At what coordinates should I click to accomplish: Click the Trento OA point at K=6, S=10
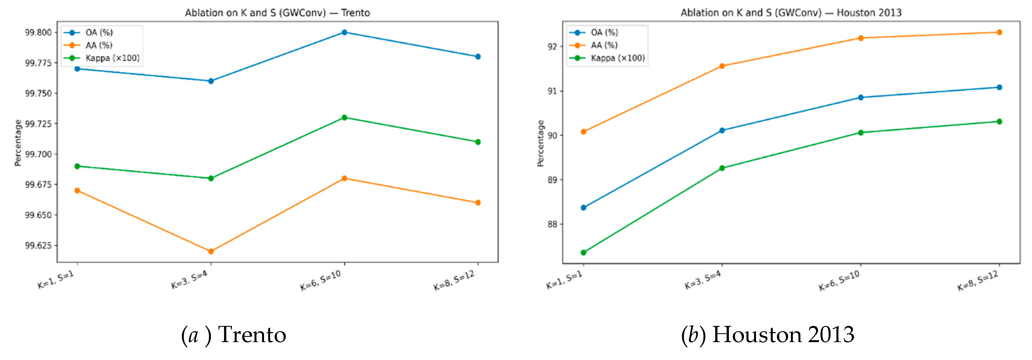pos(344,32)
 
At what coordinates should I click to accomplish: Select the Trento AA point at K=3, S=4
pos(211,251)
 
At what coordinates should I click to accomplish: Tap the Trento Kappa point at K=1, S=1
pos(77,166)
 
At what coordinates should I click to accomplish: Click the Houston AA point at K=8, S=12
pos(999,32)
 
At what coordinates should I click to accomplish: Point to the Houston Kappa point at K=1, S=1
pos(583,253)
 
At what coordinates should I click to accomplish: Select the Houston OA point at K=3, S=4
pos(722,130)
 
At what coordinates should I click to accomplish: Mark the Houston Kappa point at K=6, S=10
pos(860,133)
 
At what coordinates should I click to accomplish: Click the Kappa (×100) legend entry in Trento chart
pos(112,58)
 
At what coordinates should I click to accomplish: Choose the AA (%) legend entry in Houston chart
pos(604,45)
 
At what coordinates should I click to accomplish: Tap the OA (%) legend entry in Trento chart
pos(99,32)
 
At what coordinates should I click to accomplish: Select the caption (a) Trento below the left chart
pos(234,335)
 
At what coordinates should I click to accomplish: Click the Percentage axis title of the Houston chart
pos(540,143)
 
